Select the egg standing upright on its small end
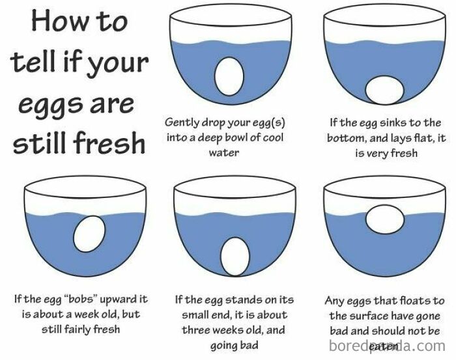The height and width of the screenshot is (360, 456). [x=233, y=254]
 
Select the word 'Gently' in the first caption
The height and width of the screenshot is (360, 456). [x=183, y=122]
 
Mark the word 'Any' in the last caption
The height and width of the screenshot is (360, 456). [x=337, y=301]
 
